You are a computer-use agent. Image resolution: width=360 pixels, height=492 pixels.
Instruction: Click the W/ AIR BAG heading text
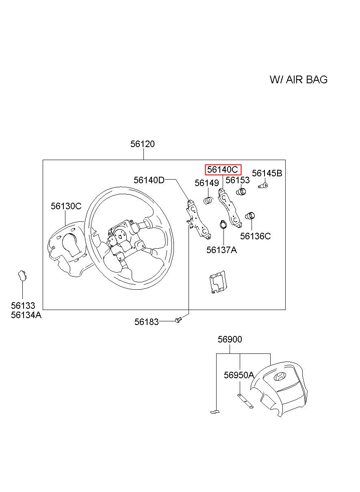(298, 79)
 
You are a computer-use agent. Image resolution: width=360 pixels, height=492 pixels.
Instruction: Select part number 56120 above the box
(142, 144)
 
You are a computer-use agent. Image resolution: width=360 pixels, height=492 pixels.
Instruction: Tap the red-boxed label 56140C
(223, 169)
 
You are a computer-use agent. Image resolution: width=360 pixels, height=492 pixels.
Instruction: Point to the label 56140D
(149, 180)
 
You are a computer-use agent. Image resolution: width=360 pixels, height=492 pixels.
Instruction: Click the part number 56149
(206, 183)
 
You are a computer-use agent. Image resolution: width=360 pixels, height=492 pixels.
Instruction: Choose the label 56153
(238, 180)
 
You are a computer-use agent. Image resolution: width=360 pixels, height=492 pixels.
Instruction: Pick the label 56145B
(267, 173)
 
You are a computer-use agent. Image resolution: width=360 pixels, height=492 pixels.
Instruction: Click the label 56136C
(255, 236)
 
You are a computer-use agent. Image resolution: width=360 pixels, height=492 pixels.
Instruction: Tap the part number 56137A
(221, 250)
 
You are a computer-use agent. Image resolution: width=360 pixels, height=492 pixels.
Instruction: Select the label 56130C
(66, 206)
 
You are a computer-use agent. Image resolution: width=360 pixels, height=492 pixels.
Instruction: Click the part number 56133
(23, 306)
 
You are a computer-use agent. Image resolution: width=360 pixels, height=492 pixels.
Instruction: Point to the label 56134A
(26, 314)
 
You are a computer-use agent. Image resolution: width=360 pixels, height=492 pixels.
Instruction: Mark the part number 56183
(146, 322)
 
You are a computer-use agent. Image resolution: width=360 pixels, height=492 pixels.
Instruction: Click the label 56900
(230, 339)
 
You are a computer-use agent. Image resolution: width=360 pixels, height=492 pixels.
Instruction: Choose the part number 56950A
(239, 375)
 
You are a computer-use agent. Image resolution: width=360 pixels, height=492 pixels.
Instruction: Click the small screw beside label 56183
(178, 321)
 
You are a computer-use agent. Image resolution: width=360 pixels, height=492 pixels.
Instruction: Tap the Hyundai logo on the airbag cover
(280, 376)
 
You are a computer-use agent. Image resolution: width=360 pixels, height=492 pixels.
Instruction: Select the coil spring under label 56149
(208, 200)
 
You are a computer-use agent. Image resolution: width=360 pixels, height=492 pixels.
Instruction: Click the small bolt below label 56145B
(263, 186)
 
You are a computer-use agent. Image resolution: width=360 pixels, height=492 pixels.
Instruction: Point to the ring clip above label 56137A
(223, 224)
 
